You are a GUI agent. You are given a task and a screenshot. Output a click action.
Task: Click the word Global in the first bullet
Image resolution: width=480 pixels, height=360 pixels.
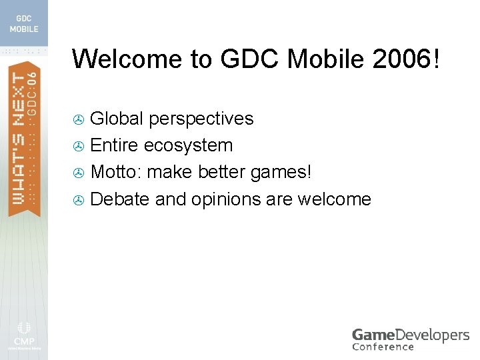click(x=117, y=119)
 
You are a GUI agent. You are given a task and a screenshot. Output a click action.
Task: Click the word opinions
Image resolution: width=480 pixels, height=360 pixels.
click(x=225, y=199)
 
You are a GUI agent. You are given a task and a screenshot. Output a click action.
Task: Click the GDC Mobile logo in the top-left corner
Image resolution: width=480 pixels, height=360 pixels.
click(x=23, y=24)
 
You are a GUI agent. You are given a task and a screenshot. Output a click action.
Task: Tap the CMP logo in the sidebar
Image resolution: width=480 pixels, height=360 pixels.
click(x=23, y=333)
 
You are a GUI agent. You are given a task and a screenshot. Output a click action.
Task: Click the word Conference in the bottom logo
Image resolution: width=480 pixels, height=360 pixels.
click(x=383, y=346)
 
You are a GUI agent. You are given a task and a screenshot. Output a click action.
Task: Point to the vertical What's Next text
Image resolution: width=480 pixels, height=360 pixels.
click(x=18, y=140)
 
